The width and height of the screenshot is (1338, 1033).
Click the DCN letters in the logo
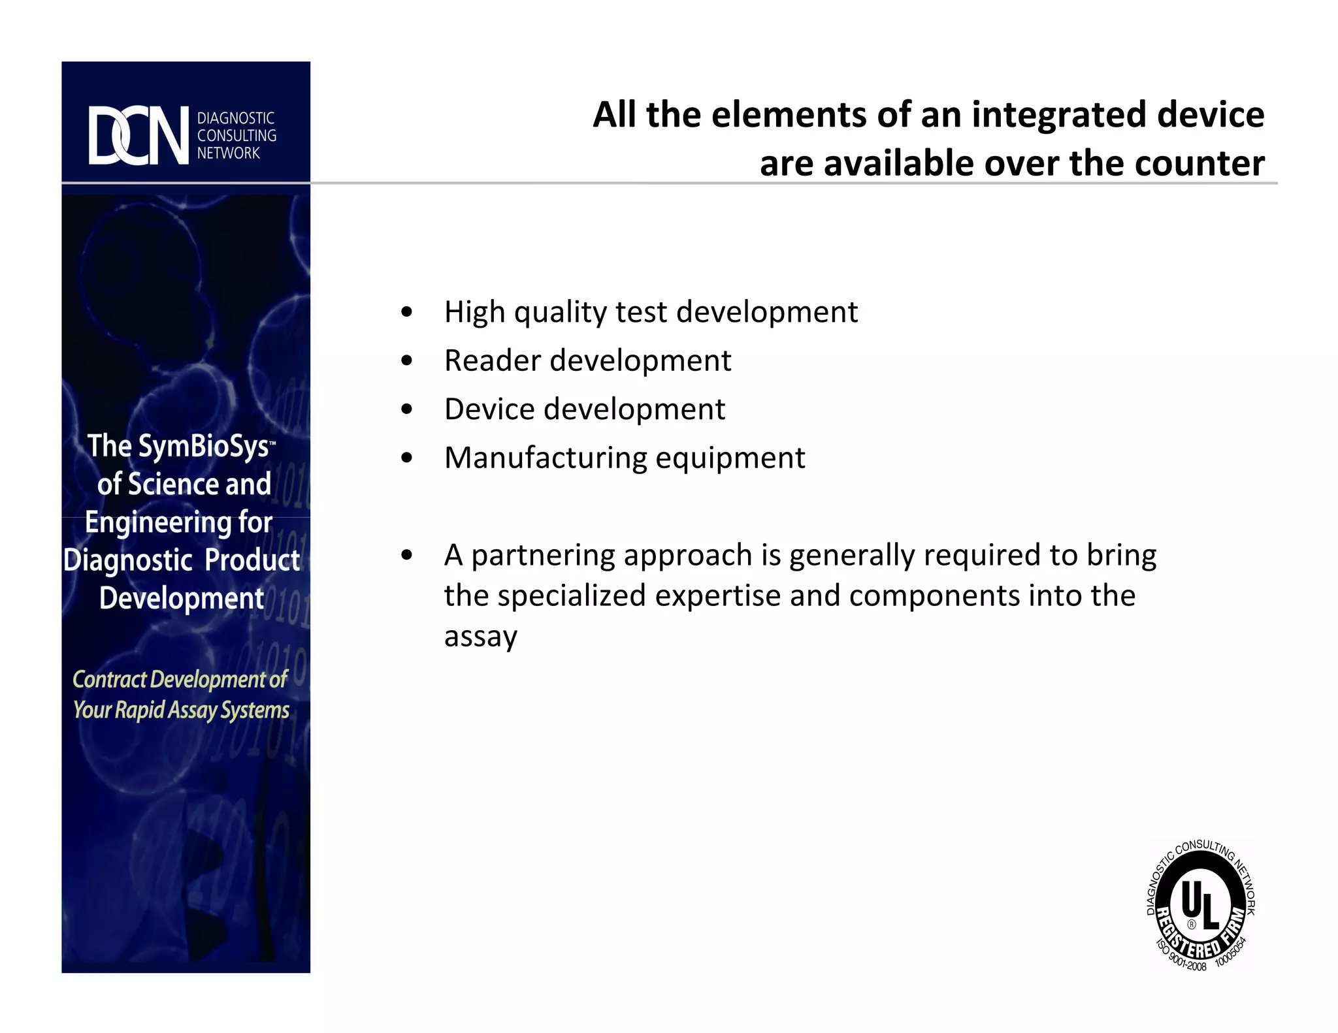coord(139,135)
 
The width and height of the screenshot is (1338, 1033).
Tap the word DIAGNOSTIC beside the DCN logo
coord(236,118)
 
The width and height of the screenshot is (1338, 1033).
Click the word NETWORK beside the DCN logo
coord(229,153)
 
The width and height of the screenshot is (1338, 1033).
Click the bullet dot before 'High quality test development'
coord(407,312)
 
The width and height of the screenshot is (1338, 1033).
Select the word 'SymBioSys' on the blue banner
coord(204,447)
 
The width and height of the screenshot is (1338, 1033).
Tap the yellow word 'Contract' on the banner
coord(109,680)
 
